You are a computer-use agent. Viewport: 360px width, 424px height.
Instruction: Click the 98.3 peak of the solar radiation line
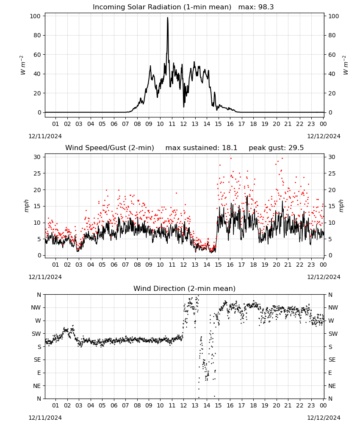[x=167, y=18]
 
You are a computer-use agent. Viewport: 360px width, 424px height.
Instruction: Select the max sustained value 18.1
[x=230, y=148]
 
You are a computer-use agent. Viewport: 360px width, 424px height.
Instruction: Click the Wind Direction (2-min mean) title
[x=185, y=288]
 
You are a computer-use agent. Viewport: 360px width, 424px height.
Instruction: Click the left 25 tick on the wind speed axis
[x=37, y=173]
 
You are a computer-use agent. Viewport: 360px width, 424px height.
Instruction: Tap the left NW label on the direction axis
[x=36, y=307]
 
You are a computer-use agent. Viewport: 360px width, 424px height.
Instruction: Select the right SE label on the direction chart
[x=332, y=360]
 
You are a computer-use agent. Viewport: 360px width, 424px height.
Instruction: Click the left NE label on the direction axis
[x=37, y=386]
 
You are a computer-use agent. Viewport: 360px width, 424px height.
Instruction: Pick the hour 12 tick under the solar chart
[x=183, y=124]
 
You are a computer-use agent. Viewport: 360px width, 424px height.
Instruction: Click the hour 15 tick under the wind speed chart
[x=218, y=265]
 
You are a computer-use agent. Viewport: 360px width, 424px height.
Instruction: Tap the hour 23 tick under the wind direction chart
[x=311, y=405]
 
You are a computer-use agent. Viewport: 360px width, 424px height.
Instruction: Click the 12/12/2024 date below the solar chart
[x=324, y=136]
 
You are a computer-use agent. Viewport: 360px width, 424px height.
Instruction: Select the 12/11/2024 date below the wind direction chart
[x=45, y=418]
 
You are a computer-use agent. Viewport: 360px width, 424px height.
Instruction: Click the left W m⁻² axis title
[x=22, y=65]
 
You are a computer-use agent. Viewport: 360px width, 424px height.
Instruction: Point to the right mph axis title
[x=341, y=206]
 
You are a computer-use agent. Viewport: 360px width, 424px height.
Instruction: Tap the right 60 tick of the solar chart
[x=332, y=55]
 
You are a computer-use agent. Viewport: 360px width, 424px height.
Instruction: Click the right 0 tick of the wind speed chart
[x=330, y=256]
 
